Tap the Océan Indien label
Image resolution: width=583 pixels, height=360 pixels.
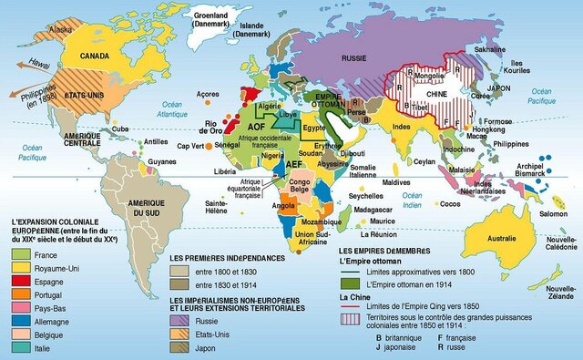click(x=414, y=201)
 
